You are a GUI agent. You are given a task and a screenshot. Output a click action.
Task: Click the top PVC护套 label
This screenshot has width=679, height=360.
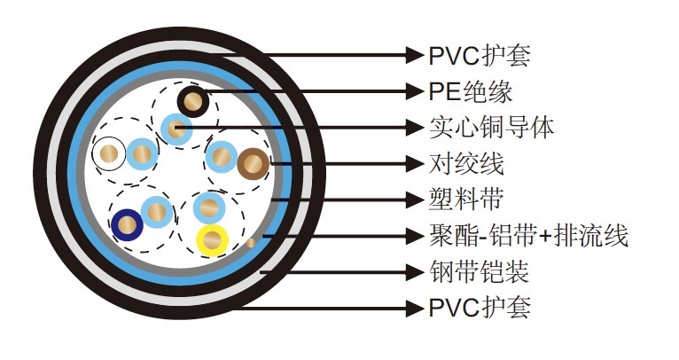coord(480,55)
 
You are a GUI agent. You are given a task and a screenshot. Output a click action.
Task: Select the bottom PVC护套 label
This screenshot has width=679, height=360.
coord(480,308)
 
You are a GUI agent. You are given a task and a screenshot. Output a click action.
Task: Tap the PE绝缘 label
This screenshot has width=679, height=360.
coord(471,90)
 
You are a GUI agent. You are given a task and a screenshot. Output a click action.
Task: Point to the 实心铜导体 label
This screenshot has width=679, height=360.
coord(491,127)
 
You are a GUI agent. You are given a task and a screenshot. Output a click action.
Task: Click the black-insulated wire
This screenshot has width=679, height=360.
coord(192,101)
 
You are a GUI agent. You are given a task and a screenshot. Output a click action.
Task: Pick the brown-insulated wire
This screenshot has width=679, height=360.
coord(254,163)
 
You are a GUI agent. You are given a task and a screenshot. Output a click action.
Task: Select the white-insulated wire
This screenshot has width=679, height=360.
coord(110,155)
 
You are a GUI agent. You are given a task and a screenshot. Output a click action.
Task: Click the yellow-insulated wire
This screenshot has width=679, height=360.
coord(214,239)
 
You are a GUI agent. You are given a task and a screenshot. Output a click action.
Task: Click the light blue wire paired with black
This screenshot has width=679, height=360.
coord(175,131)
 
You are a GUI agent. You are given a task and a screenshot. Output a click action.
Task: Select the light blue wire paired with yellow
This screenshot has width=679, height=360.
coord(209,208)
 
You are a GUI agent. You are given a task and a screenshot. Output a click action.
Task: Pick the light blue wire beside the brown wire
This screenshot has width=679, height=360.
coord(221,157)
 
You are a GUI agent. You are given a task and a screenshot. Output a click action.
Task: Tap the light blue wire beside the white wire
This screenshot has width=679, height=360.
coord(141,155)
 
